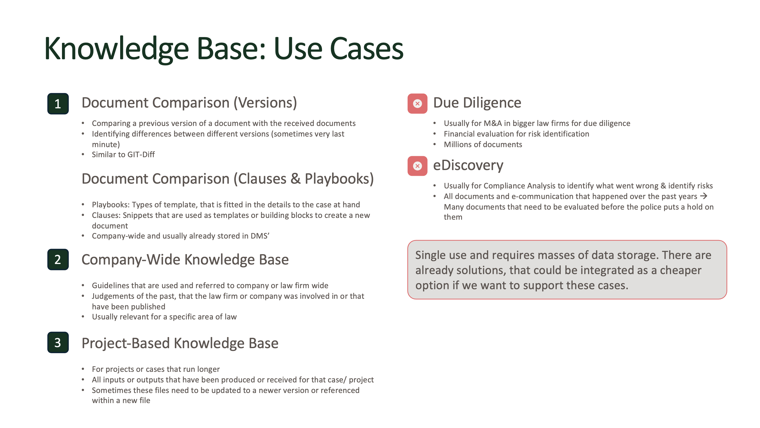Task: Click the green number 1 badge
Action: (x=58, y=104)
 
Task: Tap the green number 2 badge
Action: (x=58, y=259)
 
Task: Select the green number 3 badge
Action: (x=58, y=342)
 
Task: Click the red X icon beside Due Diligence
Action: (x=417, y=104)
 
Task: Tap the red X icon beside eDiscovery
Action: (x=417, y=166)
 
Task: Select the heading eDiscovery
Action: (x=468, y=165)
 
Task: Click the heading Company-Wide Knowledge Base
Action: (x=185, y=259)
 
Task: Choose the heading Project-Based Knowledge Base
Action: (x=180, y=343)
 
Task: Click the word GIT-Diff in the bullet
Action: (x=141, y=155)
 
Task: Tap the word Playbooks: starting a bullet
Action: (x=111, y=205)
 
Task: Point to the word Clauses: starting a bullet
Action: (x=106, y=215)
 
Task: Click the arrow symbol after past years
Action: (x=704, y=196)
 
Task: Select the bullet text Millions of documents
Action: (x=483, y=145)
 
